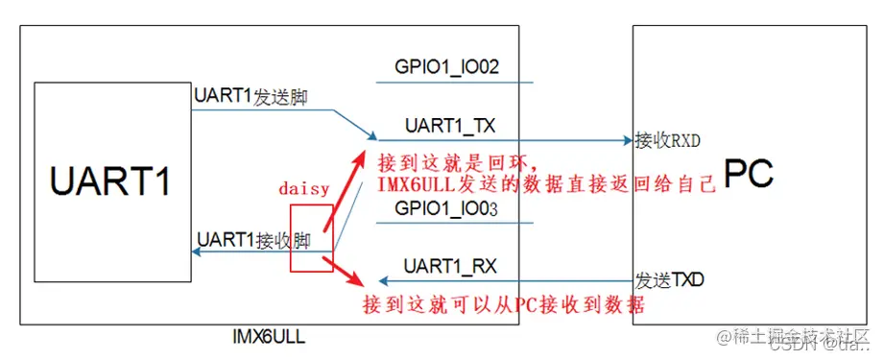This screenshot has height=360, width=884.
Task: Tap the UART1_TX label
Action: [x=449, y=126]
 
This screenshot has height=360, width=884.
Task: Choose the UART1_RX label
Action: [x=449, y=265]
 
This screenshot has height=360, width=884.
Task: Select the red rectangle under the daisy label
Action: [x=312, y=237]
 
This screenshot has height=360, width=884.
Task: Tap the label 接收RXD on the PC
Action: [x=667, y=141]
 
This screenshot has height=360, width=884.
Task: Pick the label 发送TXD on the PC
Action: [x=669, y=280]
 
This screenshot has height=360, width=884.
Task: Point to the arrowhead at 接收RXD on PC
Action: [x=627, y=141]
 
